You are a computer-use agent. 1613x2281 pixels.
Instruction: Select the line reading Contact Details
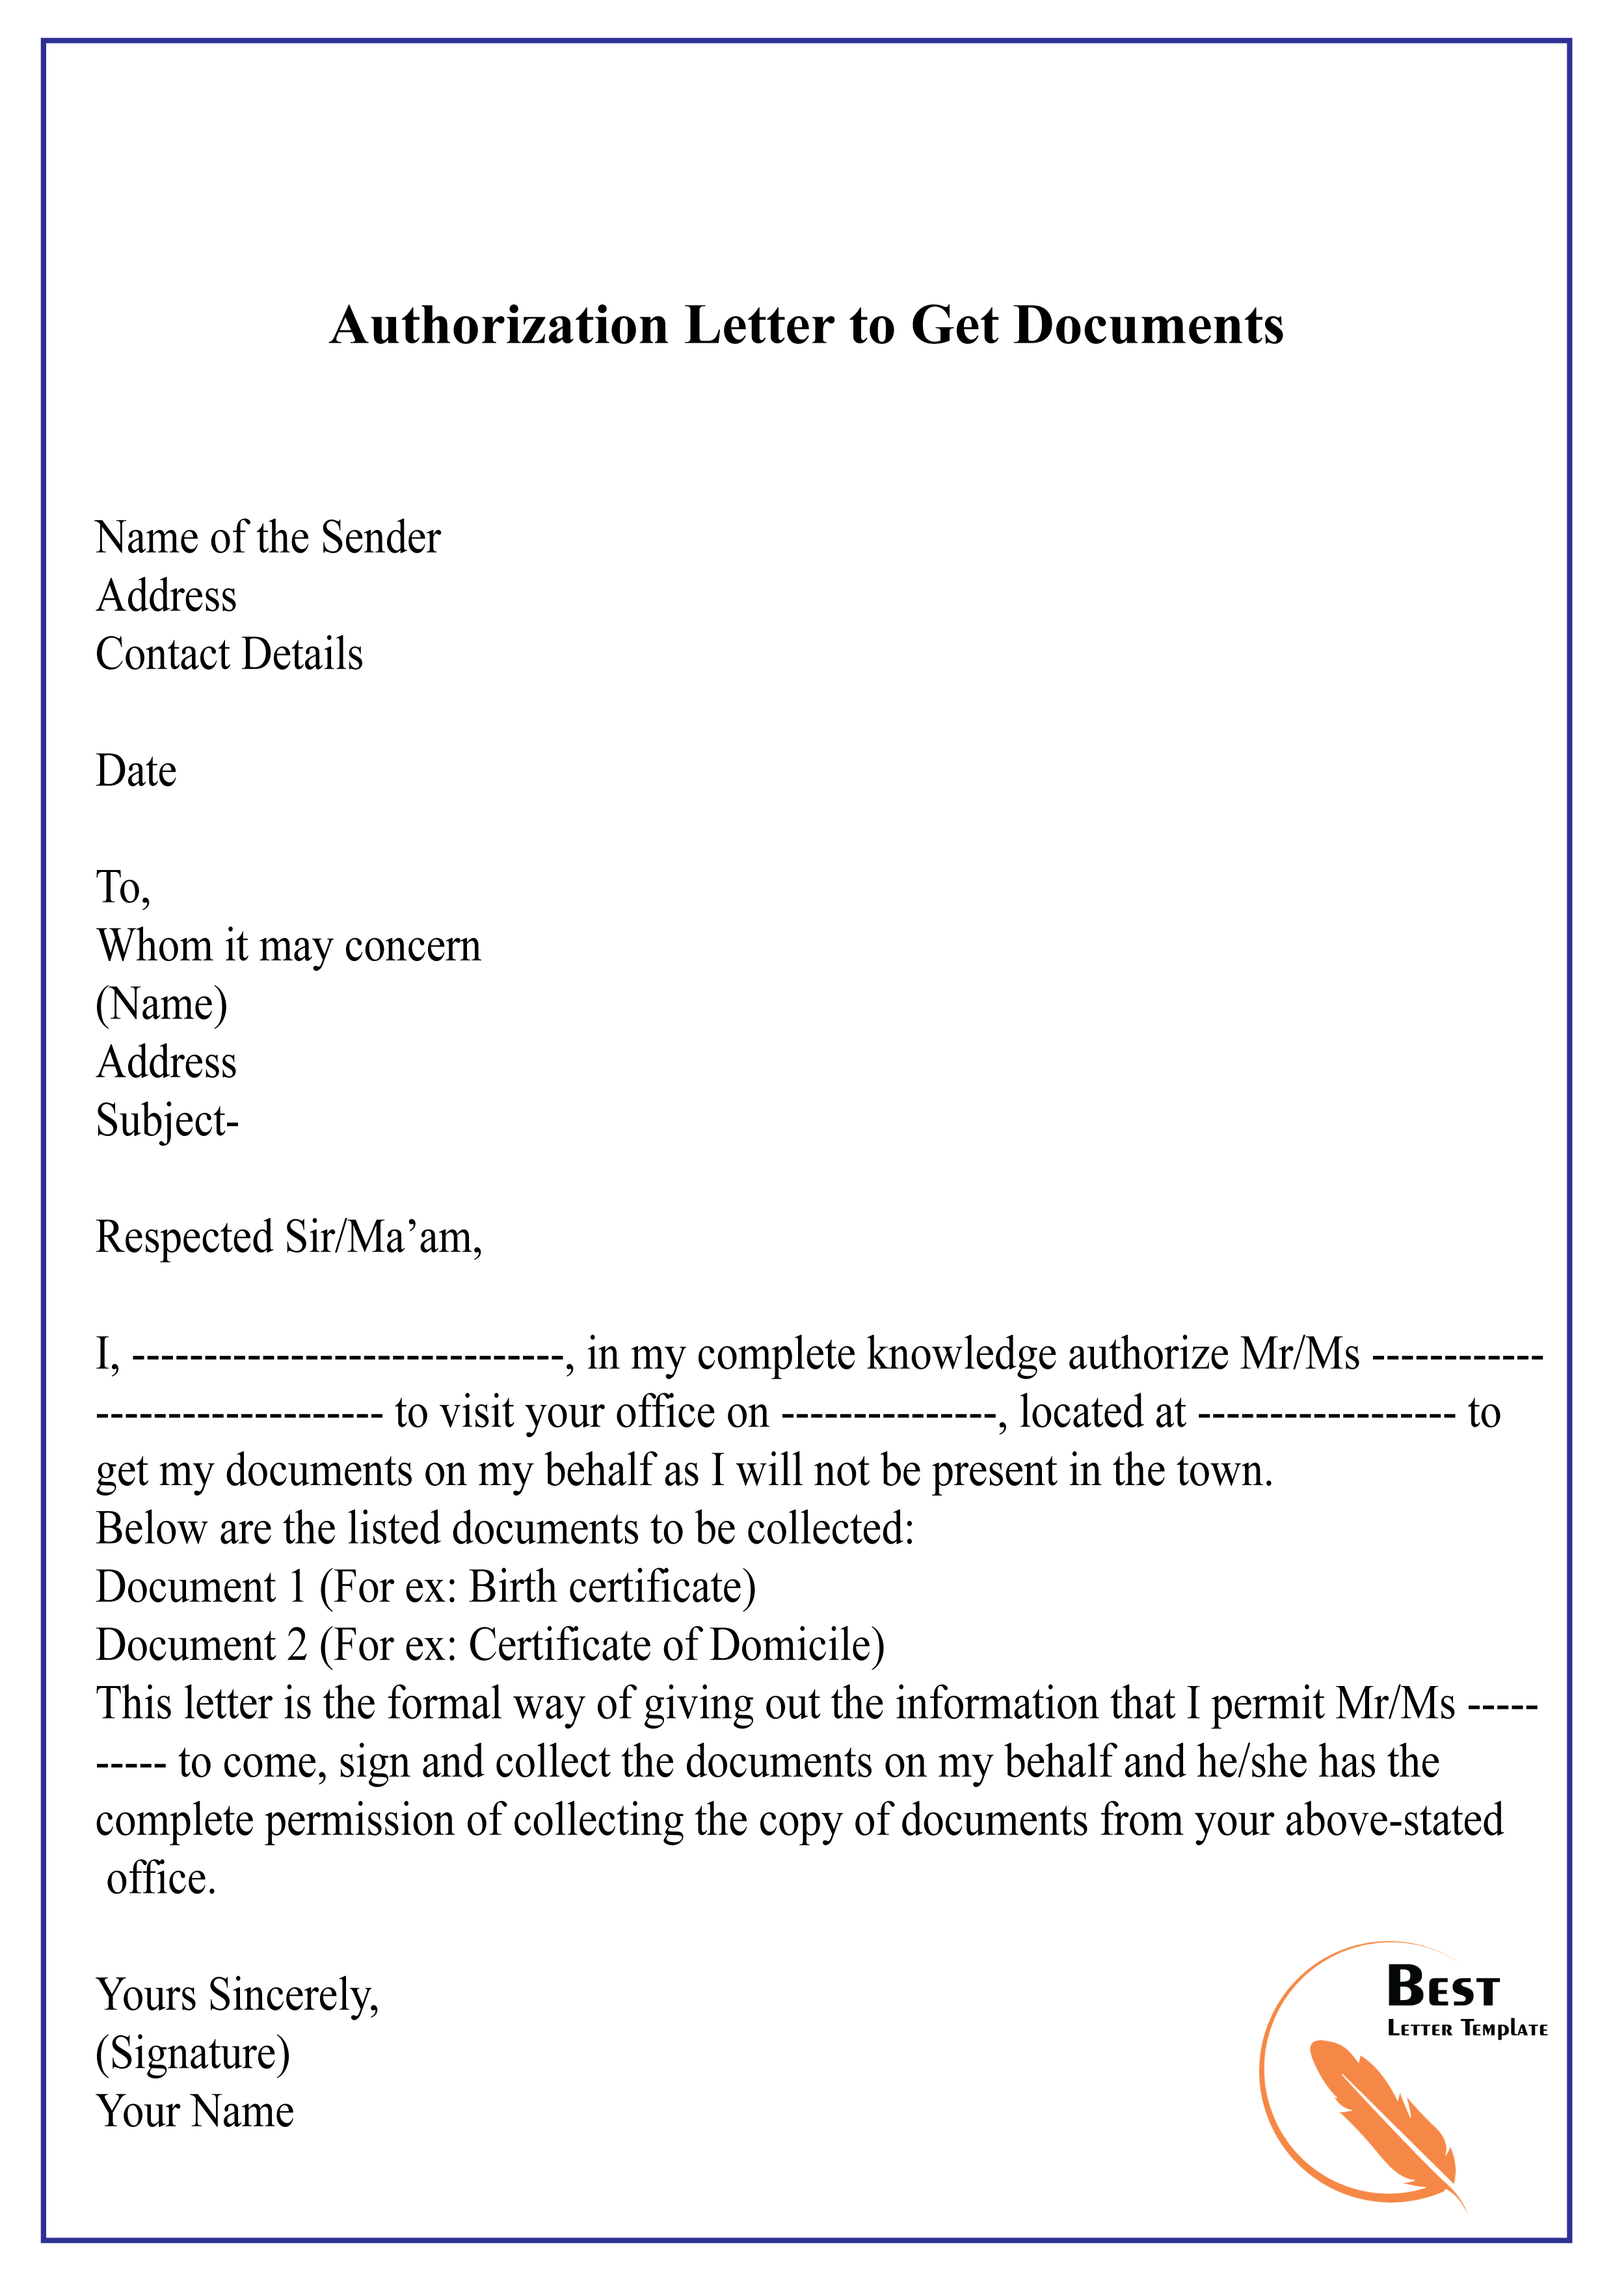click(230, 655)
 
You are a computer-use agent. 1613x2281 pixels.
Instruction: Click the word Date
click(136, 772)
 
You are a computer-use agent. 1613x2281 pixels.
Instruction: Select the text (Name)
click(162, 1005)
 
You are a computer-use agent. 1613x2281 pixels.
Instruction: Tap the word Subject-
click(167, 1122)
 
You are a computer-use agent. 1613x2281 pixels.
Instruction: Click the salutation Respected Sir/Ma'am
click(288, 1238)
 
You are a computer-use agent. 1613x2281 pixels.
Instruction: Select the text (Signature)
click(193, 2053)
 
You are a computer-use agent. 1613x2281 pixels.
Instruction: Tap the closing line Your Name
click(194, 2112)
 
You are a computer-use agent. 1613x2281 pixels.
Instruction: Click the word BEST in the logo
click(1442, 1988)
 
